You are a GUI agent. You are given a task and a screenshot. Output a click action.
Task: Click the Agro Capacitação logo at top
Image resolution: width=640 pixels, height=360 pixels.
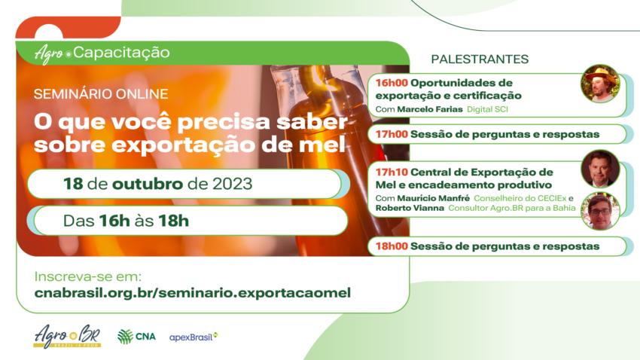[x=102, y=53]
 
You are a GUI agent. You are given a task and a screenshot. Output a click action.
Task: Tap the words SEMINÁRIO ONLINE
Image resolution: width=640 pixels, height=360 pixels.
[x=101, y=94]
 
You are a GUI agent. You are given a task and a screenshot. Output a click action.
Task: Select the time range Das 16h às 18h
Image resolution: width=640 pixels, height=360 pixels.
[x=126, y=221]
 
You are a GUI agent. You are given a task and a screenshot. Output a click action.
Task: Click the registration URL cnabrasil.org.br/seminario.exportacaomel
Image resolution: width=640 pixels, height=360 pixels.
[x=193, y=292]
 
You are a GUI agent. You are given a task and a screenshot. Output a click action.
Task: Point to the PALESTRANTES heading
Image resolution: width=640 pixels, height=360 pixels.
[x=480, y=59]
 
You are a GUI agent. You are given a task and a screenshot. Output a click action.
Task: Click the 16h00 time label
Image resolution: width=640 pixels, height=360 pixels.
[x=392, y=82]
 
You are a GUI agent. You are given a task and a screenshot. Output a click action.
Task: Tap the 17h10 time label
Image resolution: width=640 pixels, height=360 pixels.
[x=392, y=172]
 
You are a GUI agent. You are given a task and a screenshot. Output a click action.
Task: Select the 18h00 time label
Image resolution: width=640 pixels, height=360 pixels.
[x=392, y=246]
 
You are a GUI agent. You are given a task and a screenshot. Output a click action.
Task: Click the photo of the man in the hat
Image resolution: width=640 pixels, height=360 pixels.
[x=600, y=84]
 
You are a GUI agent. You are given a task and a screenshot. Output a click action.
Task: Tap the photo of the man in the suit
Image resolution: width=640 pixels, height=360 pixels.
[x=600, y=169]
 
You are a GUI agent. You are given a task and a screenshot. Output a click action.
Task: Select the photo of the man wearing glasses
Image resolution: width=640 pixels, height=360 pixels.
[x=600, y=211]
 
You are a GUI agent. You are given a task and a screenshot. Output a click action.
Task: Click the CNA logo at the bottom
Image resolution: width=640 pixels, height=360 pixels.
[x=136, y=337]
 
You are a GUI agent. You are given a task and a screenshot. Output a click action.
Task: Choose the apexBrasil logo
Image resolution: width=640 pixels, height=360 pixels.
[x=194, y=336]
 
